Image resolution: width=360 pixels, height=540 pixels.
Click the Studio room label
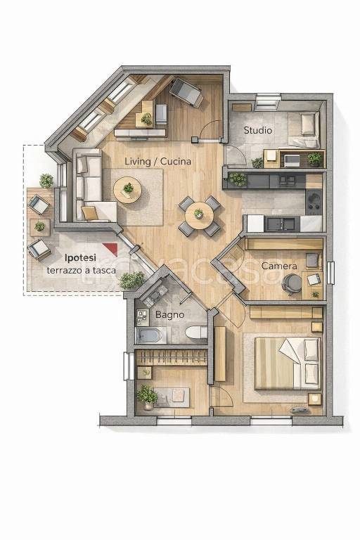[x=257, y=130]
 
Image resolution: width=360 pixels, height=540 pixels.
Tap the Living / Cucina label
[x=157, y=161]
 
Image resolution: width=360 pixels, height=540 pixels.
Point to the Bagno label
[x=169, y=314]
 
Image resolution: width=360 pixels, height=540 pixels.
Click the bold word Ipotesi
[x=81, y=257]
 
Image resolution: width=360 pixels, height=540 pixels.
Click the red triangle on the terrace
[x=112, y=248]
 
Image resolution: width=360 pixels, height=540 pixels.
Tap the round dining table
[x=199, y=216]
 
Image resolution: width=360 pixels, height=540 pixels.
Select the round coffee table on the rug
[x=127, y=190]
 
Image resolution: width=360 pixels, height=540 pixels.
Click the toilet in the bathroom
[x=196, y=333]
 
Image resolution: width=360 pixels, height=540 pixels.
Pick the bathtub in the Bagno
[x=148, y=335]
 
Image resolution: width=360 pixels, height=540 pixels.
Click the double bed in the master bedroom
[x=288, y=363]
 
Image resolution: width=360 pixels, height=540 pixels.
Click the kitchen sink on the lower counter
[x=281, y=224]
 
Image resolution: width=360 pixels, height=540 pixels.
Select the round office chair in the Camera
[x=291, y=283]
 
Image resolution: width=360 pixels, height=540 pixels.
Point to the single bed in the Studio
[x=304, y=129]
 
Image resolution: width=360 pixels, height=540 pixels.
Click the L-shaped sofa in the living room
[x=91, y=186]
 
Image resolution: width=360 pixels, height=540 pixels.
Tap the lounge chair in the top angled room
[x=186, y=91]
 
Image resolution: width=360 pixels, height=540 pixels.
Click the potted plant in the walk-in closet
[x=147, y=397]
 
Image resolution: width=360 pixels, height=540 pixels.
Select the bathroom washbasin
[x=141, y=316]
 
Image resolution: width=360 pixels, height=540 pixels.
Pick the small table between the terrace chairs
[x=40, y=227]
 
